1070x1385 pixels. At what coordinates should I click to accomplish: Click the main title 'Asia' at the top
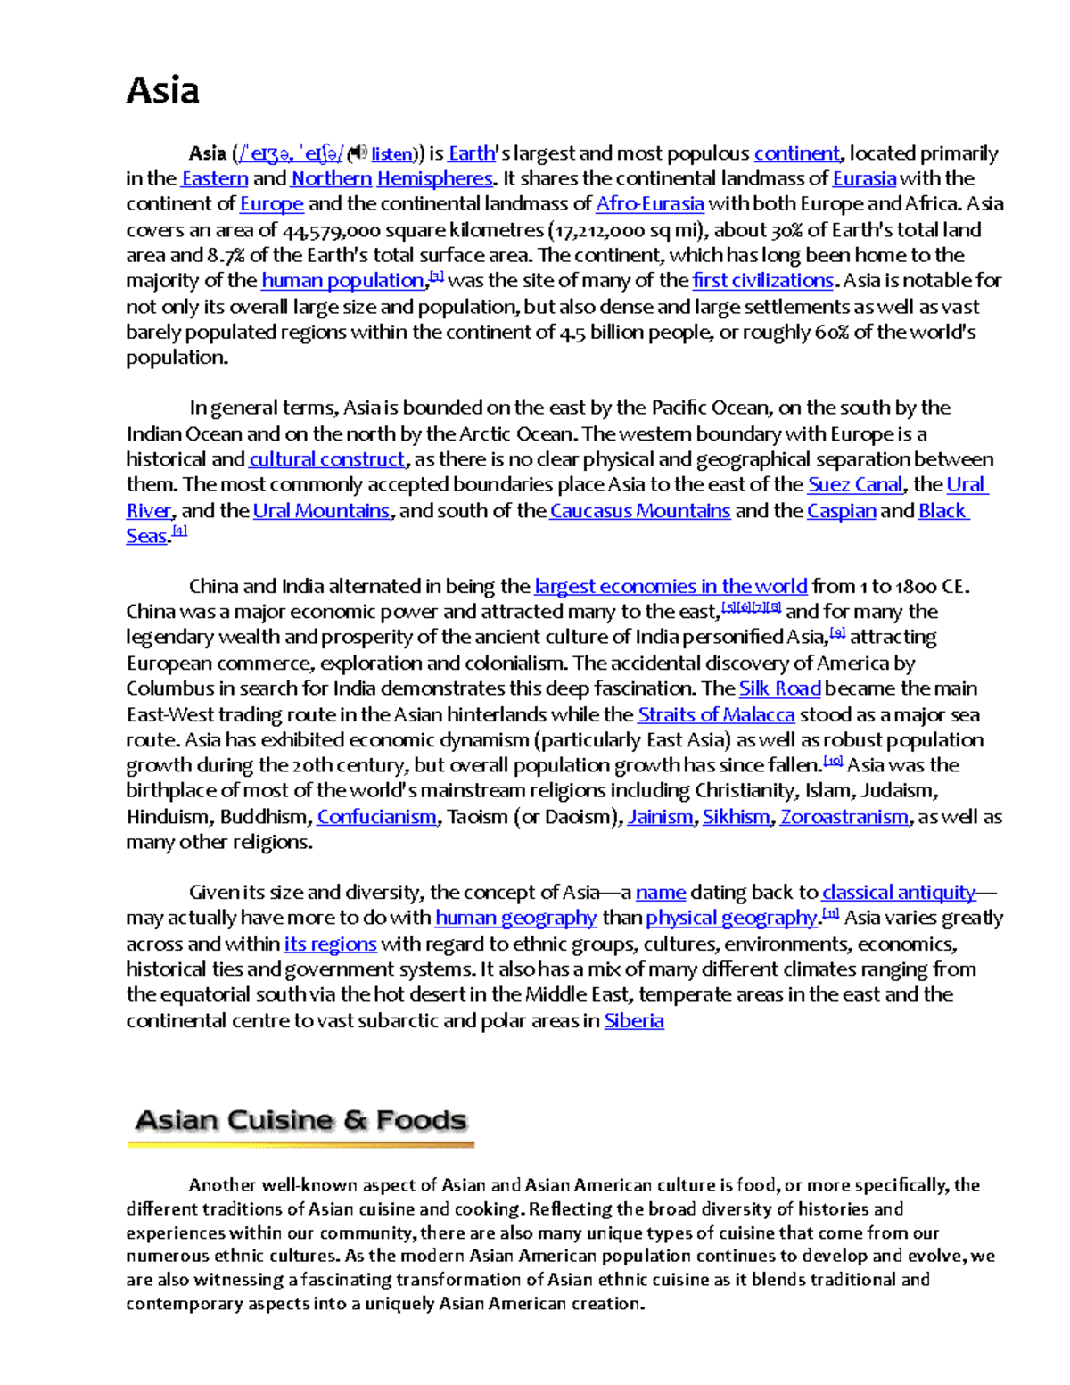pyautogui.click(x=162, y=91)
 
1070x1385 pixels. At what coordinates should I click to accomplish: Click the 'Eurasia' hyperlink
pyautogui.click(x=864, y=178)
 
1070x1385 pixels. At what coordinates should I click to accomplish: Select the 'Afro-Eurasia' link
pyautogui.click(x=650, y=204)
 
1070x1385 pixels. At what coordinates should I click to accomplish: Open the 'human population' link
pyautogui.click(x=342, y=281)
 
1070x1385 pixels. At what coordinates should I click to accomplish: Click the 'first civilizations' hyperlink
pyautogui.click(x=762, y=281)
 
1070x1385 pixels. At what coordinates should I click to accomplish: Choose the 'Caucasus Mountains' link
pyautogui.click(x=640, y=511)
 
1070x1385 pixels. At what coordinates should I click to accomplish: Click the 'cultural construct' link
pyautogui.click(x=326, y=459)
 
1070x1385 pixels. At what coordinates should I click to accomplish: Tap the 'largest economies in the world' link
pyautogui.click(x=671, y=587)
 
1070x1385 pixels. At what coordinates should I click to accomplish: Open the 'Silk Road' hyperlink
pyautogui.click(x=779, y=688)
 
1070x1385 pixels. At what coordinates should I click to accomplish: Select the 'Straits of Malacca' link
pyautogui.click(x=716, y=714)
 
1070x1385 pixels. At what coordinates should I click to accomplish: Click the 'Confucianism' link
pyautogui.click(x=376, y=817)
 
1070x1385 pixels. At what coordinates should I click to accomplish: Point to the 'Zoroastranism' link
pyautogui.click(x=844, y=817)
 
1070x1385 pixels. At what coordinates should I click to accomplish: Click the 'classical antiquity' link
pyautogui.click(x=898, y=893)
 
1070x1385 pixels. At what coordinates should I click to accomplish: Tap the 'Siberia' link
pyautogui.click(x=634, y=1021)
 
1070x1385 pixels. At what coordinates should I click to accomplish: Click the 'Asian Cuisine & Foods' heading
pyautogui.click(x=300, y=1120)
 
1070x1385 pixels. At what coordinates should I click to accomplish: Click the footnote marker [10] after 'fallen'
pyautogui.click(x=833, y=762)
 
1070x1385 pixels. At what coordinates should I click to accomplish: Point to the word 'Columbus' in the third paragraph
pyautogui.click(x=170, y=688)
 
